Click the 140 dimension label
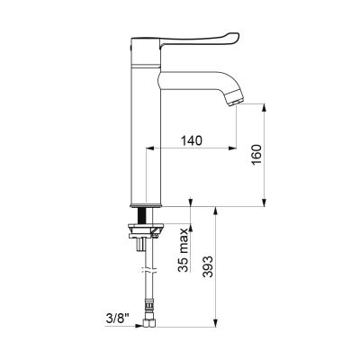tap(192, 140)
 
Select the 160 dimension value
tap(256, 155)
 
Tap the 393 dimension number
tap(207, 266)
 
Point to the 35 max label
tap(183, 249)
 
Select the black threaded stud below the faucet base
tap(142, 215)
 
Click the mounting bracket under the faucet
tap(146, 230)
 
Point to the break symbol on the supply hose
tap(149, 269)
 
